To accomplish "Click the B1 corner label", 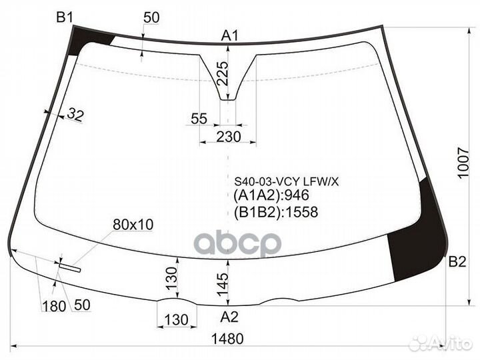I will [x=65, y=18].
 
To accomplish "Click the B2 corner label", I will [x=457, y=261].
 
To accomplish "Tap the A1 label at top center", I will [x=230, y=35].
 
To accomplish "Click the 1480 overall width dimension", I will [x=227, y=339].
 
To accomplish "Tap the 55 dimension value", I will [x=199, y=119].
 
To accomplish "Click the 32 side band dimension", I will [x=75, y=116].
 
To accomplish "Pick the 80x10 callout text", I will [x=133, y=225].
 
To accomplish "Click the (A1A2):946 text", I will [x=273, y=197].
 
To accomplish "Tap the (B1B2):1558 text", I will [x=276, y=213].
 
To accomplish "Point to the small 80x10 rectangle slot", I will [x=69, y=268].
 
